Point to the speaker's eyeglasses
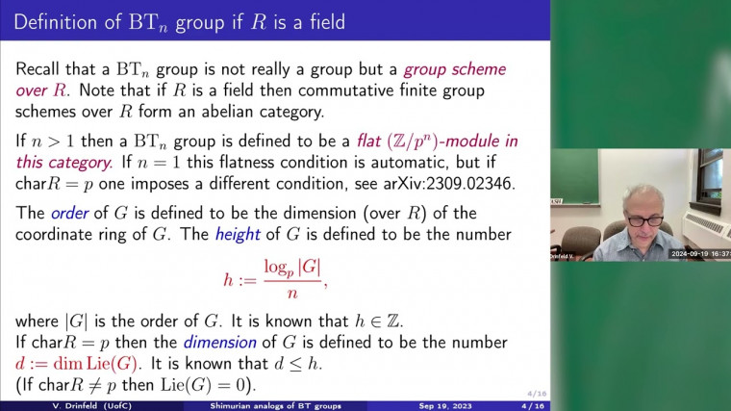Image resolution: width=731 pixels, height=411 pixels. (x=645, y=219)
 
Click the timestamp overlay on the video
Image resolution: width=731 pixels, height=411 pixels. (x=699, y=254)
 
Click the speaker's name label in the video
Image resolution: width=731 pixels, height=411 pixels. (x=565, y=255)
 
